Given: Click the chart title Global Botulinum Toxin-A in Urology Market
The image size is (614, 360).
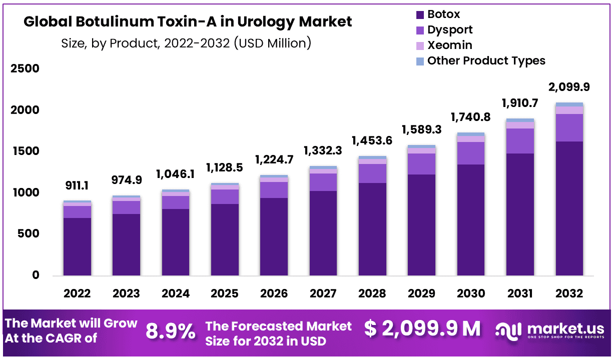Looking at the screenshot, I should point(188,22).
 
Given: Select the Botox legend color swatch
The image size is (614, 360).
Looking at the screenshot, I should point(419,14).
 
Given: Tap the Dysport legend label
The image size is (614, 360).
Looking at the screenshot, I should point(450,30).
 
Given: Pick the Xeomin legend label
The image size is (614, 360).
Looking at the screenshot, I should point(449,45).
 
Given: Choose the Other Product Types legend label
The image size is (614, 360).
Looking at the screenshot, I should point(486,61).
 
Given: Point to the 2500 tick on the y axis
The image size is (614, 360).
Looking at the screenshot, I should point(25,68).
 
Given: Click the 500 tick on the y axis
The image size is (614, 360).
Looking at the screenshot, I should point(29,234).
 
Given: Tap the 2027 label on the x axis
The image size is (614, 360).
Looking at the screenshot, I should point(323,293).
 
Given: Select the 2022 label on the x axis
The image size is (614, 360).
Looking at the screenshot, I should point(77,293).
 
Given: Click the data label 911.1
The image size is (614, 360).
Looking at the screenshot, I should point(77,186).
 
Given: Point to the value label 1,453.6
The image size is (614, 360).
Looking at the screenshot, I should point(372,141).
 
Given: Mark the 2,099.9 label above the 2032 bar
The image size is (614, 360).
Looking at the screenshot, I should point(569,87).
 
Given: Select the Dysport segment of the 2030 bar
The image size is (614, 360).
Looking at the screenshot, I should point(470,153).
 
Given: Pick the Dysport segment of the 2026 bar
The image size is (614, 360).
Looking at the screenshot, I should point(274,189).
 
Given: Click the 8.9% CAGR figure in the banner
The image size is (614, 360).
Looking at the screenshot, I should point(171,331).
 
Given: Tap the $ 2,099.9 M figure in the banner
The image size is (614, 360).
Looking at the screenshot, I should point(422,328).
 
